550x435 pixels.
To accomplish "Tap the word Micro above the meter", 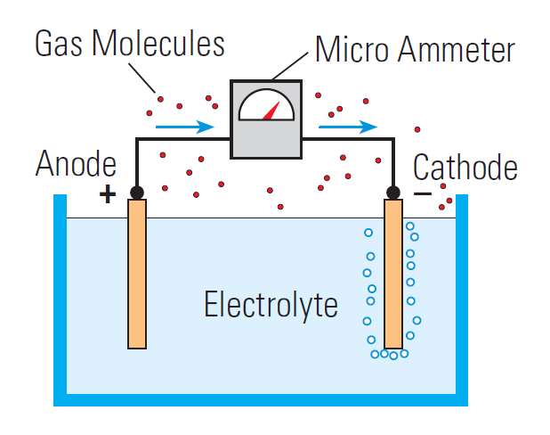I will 352,49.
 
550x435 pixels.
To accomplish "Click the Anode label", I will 76,165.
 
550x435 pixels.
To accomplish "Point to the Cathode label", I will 465,167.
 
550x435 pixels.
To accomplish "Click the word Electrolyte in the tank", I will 271,305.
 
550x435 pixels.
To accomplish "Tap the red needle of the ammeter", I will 284,111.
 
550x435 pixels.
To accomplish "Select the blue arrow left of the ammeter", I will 185,127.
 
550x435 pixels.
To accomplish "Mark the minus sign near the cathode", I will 424,193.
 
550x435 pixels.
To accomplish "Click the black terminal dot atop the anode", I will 136,192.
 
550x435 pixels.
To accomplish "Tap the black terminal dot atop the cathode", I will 392,192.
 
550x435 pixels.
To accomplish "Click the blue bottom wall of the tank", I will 267,400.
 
